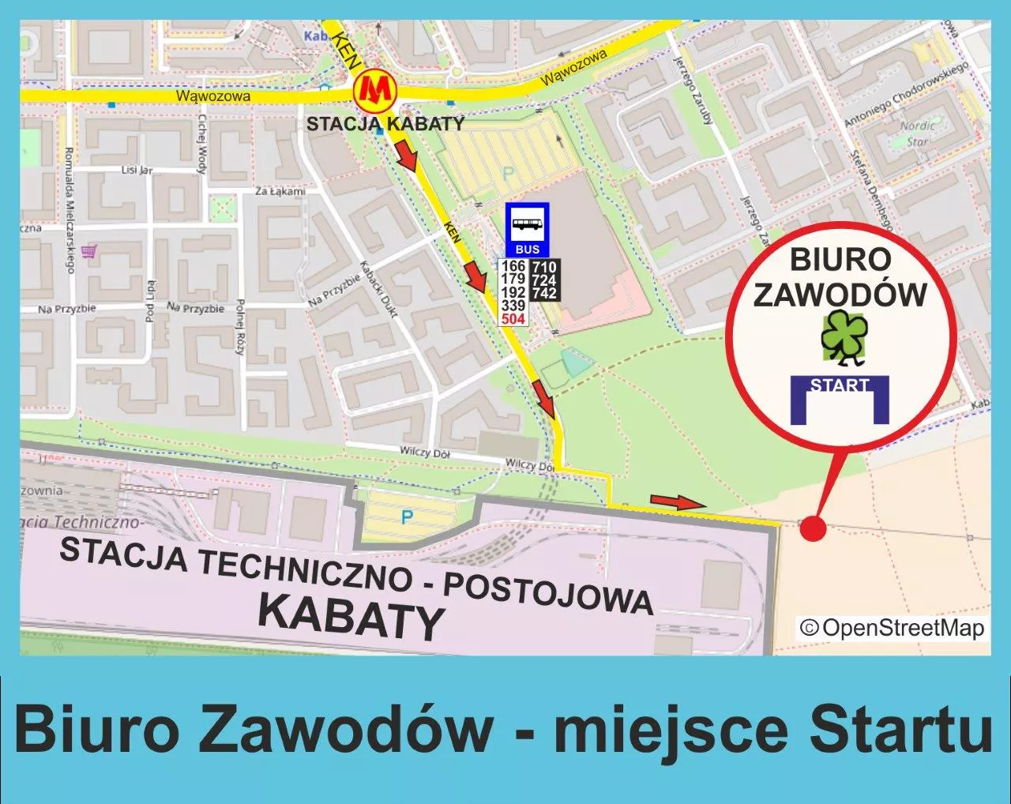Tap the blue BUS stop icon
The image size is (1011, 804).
point(528,228)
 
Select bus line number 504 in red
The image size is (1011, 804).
point(513,319)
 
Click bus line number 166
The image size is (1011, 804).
point(513,266)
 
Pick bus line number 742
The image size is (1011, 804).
point(544,293)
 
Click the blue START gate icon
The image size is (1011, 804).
point(840,399)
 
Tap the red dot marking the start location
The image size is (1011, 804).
point(813,528)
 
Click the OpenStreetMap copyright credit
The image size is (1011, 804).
point(892,628)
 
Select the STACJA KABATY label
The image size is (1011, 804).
point(385,124)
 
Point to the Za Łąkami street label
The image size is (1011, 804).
point(280,191)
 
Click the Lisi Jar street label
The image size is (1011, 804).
point(136,170)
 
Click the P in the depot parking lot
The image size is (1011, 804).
point(407,518)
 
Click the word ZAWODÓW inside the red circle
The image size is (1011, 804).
point(840,295)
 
